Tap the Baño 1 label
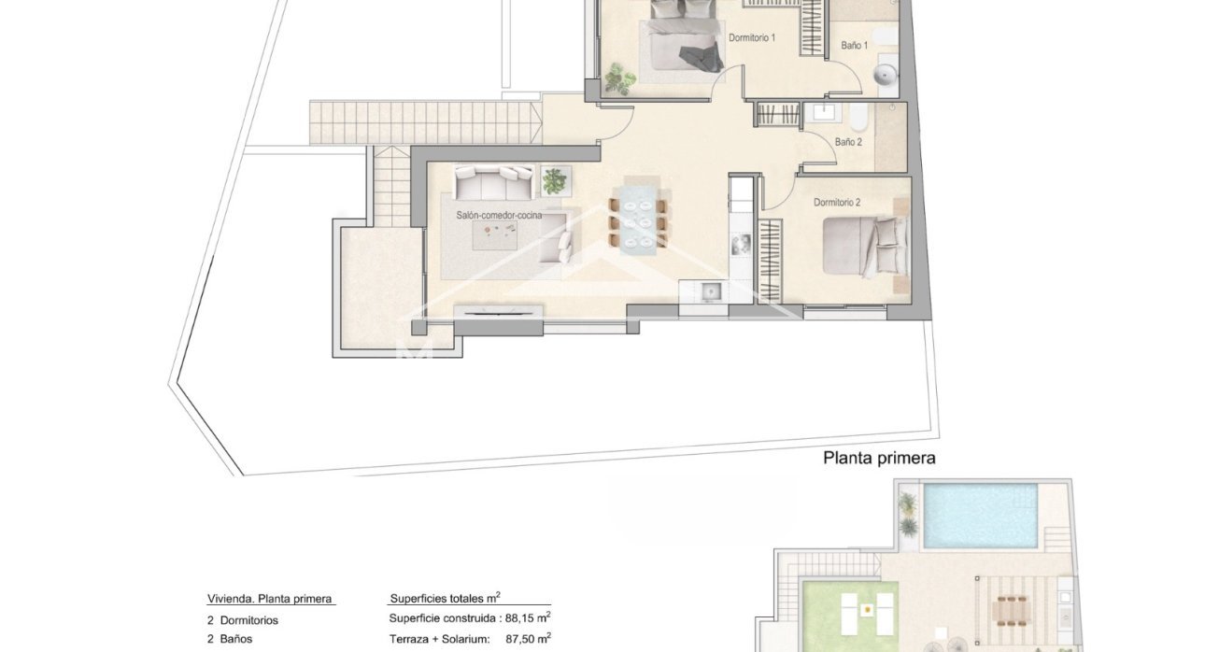pos(854,46)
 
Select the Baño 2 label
pos(847,143)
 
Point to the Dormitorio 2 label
pos(836,203)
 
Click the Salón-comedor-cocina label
pos(499,215)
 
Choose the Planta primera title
pos(878,459)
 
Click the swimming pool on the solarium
pos(980,516)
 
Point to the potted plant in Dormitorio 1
pos(617,78)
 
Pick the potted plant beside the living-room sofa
pos(555,179)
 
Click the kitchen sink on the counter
pos(712,291)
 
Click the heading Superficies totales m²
pos(444,599)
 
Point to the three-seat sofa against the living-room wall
pos(494,180)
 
